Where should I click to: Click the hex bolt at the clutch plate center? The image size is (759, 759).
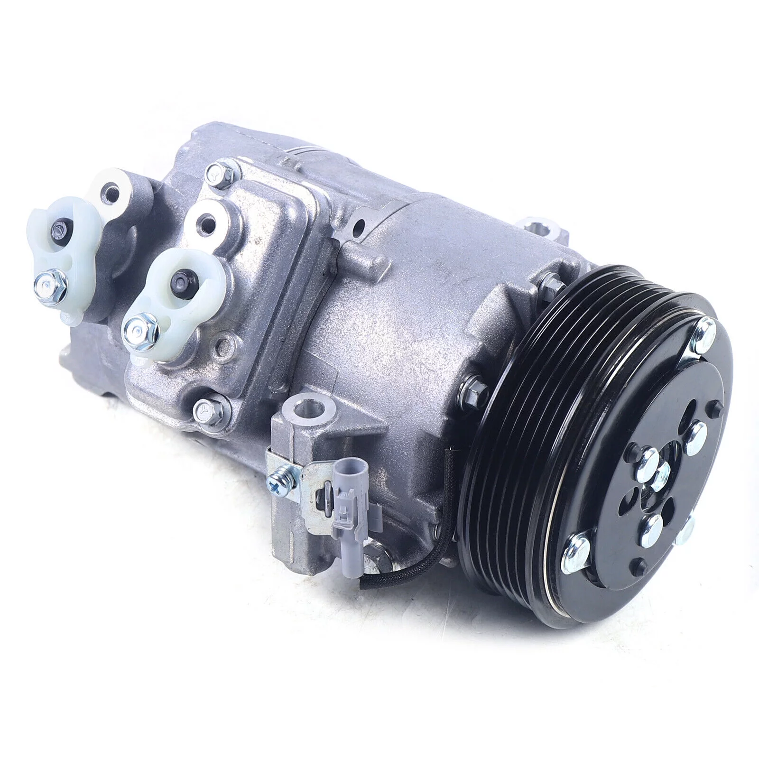click(660, 475)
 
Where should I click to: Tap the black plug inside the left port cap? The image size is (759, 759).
click(61, 228)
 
